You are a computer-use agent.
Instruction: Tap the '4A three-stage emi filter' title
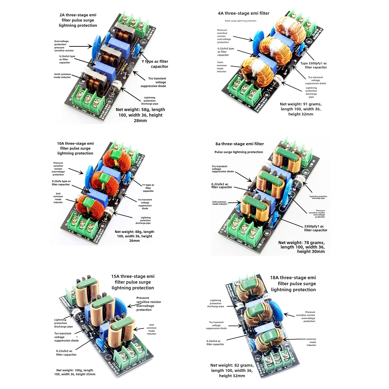pos(244,13)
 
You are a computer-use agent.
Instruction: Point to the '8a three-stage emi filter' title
pos(239,144)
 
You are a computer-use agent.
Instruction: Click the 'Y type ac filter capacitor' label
pos(155,64)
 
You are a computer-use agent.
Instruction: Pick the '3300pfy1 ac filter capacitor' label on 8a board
pos(316,228)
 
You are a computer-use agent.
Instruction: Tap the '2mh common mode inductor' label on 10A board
pos(58,198)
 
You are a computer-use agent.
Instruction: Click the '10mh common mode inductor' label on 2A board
pos(62,76)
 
